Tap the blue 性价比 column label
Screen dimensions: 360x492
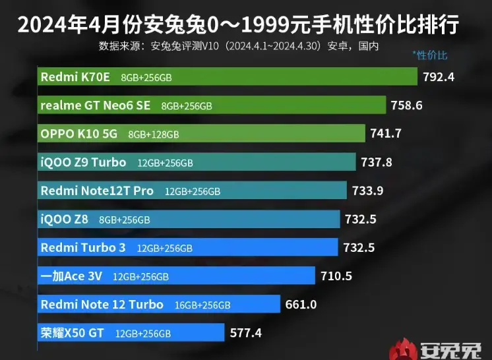coord(429,55)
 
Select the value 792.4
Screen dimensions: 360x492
coord(439,76)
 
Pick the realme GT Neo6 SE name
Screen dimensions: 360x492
coord(96,105)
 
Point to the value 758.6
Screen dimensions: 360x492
coord(406,105)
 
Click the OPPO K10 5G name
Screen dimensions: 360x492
coord(78,133)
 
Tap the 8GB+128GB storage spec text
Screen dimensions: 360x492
coord(153,134)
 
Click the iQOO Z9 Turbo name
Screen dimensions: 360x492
coord(83,162)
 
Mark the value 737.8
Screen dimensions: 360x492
coord(377,162)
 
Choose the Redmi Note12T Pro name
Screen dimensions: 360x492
coord(97,191)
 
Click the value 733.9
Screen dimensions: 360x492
coord(368,191)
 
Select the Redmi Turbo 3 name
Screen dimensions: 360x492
coord(83,248)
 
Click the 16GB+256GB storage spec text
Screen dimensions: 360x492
coord(202,305)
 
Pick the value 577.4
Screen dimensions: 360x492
coord(246,333)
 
